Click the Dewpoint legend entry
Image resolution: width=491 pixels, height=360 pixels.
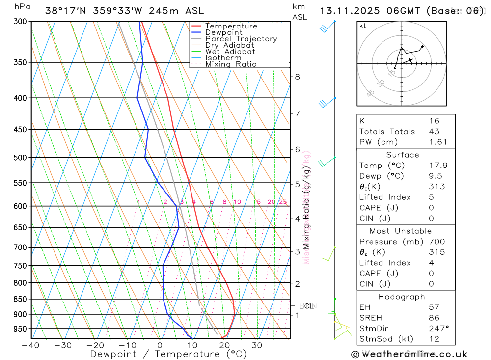click(223, 32)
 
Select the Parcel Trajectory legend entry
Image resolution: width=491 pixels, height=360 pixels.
click(241, 39)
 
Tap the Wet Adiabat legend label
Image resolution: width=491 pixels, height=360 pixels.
click(230, 52)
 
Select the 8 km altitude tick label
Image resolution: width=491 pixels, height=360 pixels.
click(298, 77)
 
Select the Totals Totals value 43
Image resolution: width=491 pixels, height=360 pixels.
click(434, 131)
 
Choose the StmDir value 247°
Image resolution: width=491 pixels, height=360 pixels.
click(438, 328)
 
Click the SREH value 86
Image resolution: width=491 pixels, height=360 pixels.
click(434, 318)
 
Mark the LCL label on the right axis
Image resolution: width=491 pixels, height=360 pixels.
click(306, 306)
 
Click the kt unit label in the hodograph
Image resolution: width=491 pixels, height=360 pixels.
click(363, 26)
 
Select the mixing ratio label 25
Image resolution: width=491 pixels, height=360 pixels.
click(283, 202)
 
